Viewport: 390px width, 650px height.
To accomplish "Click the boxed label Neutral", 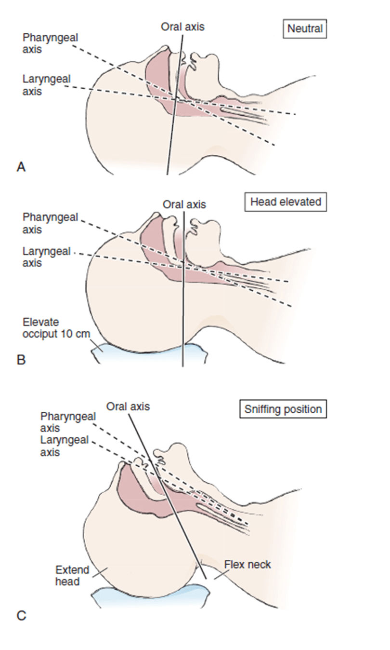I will [305, 29].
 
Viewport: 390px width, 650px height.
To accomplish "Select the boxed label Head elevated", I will [286, 202].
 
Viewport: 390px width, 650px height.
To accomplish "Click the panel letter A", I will [21, 167].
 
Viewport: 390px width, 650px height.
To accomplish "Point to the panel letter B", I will [21, 359].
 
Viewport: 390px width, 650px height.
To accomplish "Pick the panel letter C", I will [21, 615].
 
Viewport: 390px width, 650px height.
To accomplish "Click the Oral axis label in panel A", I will [182, 27].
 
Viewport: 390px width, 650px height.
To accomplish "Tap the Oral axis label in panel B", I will [184, 204].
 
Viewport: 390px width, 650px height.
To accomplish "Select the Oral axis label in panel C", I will [128, 406].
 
